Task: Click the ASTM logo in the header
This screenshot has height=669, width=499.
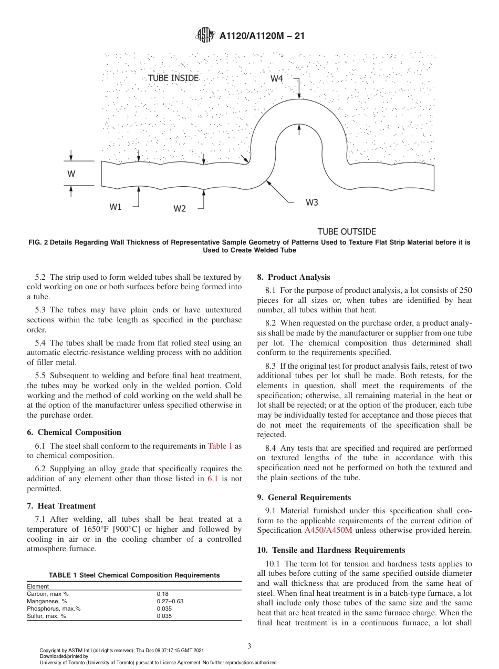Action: pos(205,35)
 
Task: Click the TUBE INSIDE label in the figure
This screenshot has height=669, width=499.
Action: pos(173,78)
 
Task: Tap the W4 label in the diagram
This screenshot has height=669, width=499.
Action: pos(277,78)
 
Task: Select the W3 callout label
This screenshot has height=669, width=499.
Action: pos(311,202)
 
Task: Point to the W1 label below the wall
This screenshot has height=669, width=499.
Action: pos(116,207)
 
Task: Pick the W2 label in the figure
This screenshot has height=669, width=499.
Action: pos(180,209)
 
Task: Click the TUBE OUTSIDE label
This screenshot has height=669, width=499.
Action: pos(347,231)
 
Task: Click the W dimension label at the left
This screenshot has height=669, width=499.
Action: pos(71,174)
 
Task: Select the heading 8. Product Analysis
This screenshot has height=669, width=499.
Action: pos(294,277)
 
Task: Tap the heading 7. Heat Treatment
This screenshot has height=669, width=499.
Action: pos(61,506)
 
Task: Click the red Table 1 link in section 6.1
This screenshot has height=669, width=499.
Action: pos(220,446)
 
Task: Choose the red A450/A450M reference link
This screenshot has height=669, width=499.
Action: pos(329,530)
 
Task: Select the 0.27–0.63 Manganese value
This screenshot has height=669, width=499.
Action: pos(170,601)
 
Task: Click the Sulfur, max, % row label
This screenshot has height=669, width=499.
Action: pos(46,616)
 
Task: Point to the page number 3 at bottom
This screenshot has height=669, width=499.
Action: pos(249,646)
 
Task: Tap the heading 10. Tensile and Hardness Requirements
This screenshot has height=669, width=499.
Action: pos(331,550)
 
